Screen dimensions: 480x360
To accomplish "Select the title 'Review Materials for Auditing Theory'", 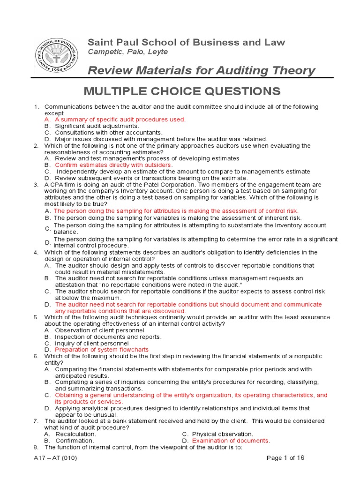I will (x=202, y=71).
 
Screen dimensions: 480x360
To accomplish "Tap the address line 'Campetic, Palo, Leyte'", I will (x=128, y=52).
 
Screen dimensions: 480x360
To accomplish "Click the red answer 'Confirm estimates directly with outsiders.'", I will (x=114, y=165).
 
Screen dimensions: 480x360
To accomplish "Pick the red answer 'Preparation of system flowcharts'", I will (x=102, y=350).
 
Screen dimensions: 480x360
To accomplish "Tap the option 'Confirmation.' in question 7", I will (x=75, y=441).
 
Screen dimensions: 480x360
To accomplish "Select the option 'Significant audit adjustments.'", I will (x=97, y=126).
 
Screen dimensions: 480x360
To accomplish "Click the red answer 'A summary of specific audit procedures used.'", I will (x=120, y=120).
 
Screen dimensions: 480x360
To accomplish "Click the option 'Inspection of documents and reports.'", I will (x=108, y=337).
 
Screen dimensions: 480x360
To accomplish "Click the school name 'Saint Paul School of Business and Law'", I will (x=187, y=42).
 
